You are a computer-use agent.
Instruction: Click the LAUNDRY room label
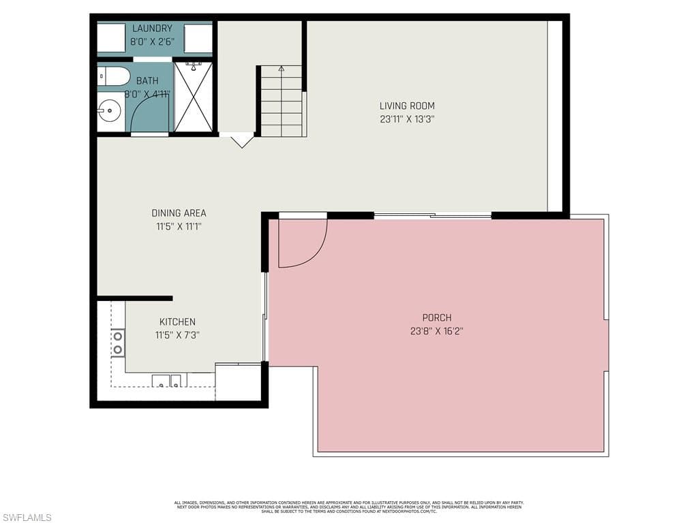pyautogui.click(x=152, y=29)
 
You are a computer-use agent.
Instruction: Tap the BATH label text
pyautogui.click(x=147, y=81)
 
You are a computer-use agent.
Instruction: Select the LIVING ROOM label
pyautogui.click(x=407, y=106)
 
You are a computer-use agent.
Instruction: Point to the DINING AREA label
pyautogui.click(x=179, y=213)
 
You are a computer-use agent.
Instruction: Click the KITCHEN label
pyautogui.click(x=177, y=322)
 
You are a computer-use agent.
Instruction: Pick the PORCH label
pyautogui.click(x=437, y=317)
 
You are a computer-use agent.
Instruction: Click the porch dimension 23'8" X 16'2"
pyautogui.click(x=437, y=332)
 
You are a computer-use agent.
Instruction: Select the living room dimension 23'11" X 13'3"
pyautogui.click(x=407, y=119)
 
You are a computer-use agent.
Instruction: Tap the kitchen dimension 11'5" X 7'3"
pyautogui.click(x=177, y=335)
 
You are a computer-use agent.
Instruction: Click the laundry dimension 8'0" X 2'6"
pyautogui.click(x=152, y=42)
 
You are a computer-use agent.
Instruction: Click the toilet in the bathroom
pyautogui.click(x=112, y=76)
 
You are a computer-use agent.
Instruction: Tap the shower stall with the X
pyautogui.click(x=194, y=97)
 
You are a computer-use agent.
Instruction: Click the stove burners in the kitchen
pyautogui.click(x=118, y=343)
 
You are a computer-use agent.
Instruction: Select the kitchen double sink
pyautogui.click(x=167, y=381)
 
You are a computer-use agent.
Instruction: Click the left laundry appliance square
pyautogui.click(x=110, y=38)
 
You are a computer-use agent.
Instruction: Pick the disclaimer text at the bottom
pyautogui.click(x=348, y=506)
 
